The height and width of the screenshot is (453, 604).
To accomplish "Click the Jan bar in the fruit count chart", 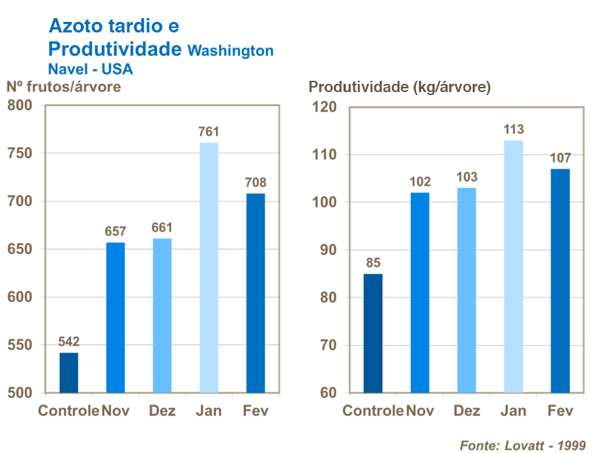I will click(208, 268).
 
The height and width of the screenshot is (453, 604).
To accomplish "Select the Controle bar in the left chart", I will click(69, 372).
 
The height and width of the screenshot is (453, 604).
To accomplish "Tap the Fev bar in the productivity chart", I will click(559, 281).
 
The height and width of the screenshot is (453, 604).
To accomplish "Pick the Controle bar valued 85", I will click(373, 333).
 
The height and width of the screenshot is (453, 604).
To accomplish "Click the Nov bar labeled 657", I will click(116, 317).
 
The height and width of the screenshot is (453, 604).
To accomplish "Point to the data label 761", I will click(208, 132).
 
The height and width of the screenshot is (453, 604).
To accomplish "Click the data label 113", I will click(513, 129).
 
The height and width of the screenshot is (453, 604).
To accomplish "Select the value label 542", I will click(69, 341).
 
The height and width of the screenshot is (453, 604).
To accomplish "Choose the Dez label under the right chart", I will click(467, 411).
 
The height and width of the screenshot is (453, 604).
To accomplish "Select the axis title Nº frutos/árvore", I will click(63, 86).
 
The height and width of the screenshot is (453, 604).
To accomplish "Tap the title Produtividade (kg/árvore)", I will click(399, 87).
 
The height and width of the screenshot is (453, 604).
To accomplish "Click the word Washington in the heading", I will click(230, 51).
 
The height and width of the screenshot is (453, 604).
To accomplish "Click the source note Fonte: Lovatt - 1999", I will click(522, 445).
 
